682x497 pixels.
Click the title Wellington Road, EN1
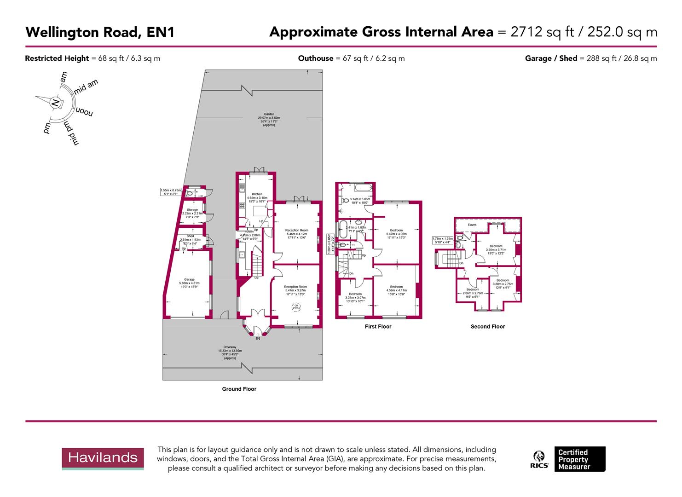coord(99,32)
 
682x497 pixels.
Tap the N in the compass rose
coord(55,103)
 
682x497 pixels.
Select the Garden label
coord(269,114)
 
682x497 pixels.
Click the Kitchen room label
coord(257,194)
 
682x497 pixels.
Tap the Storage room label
coord(192,210)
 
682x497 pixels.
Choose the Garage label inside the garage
coord(189,279)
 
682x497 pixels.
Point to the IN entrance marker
coord(258,338)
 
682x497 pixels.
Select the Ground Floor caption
coord(239,389)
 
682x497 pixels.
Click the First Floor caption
coord(378,326)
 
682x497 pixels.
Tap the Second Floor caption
coord(488,326)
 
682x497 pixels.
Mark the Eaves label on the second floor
coord(472,225)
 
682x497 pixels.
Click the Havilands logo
coord(103,458)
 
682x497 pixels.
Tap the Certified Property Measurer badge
coord(579,459)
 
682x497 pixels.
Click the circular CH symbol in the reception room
coord(297,307)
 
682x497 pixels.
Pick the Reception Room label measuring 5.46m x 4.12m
coord(296,230)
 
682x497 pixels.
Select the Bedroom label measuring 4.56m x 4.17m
coord(396,287)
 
